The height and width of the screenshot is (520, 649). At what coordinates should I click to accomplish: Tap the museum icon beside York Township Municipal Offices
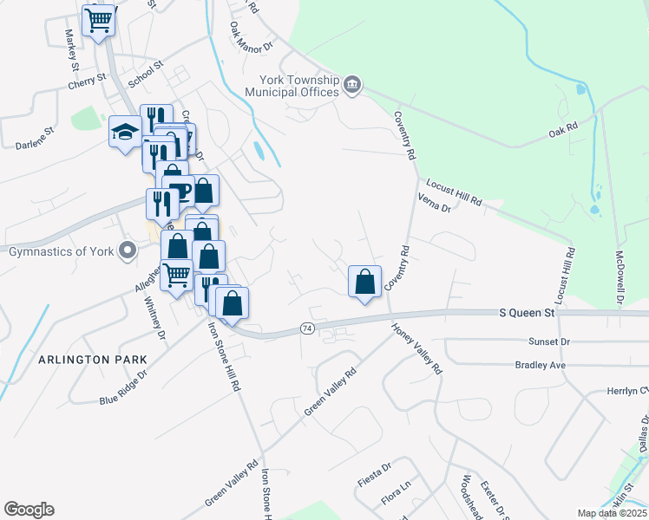click(x=352, y=84)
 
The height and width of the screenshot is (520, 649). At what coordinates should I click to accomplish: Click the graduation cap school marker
click(x=125, y=133)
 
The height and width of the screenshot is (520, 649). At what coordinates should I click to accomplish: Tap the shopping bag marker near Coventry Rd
click(x=365, y=282)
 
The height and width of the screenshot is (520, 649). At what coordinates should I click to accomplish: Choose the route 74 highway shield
click(x=307, y=328)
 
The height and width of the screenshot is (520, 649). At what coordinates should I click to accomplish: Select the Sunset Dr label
click(x=553, y=342)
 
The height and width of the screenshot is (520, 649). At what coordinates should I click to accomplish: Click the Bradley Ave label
click(x=540, y=366)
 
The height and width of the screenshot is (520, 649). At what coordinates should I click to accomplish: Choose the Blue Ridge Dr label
click(x=123, y=387)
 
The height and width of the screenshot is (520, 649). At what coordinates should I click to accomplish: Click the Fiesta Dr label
click(x=376, y=479)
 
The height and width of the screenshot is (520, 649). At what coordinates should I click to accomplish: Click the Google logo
click(x=29, y=510)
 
